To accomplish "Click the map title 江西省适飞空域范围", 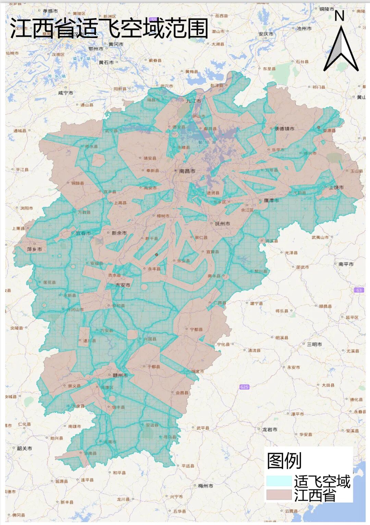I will [109, 28].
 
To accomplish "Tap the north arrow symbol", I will [341, 50].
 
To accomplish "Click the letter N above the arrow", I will [339, 16].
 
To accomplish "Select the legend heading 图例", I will [284, 461].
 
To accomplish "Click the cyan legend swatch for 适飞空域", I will [279, 481].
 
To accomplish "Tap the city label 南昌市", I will [187, 171].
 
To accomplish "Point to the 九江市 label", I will [194, 101].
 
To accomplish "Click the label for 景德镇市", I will [284, 129].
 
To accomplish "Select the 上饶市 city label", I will [336, 187].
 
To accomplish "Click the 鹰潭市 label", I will [271, 201].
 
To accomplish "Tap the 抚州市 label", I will [222, 223].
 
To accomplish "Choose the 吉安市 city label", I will [123, 285].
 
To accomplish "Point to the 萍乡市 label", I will [35, 249].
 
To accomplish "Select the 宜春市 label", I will [83, 233].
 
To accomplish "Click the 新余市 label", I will [119, 233].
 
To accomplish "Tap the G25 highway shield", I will [244, 387].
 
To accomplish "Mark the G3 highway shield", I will [359, 290].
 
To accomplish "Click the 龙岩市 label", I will [270, 429].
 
